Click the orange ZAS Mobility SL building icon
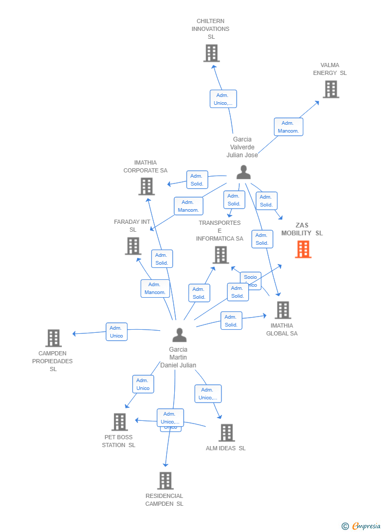tap(303, 249)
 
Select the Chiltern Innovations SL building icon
tap(211, 53)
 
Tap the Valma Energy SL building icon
tap(331, 89)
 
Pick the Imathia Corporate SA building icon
tap(146, 186)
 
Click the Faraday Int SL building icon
tap(133, 246)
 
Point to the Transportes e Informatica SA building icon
tap(221, 255)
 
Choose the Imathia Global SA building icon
tap(282, 310)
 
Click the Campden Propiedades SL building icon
tap(54, 338)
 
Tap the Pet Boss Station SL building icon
tap(120, 422)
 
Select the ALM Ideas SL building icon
tap(227, 433)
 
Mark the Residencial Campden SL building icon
tap(165, 481)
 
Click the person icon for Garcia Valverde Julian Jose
tap(243, 172)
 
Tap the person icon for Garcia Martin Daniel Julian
tap(179, 335)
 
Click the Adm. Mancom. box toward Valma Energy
tap(288, 127)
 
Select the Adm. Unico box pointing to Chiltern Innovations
tap(223, 99)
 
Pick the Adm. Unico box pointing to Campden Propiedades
tap(116, 332)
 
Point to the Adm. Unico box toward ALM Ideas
tap(208, 394)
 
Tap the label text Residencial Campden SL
tap(164, 500)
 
